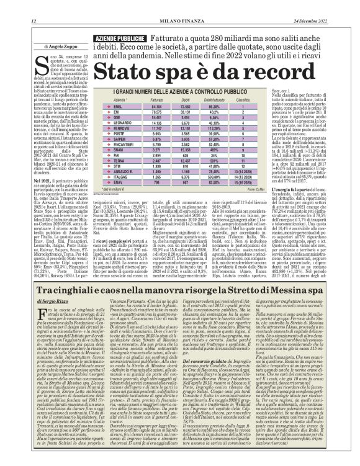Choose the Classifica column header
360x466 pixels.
tap(242, 99)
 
